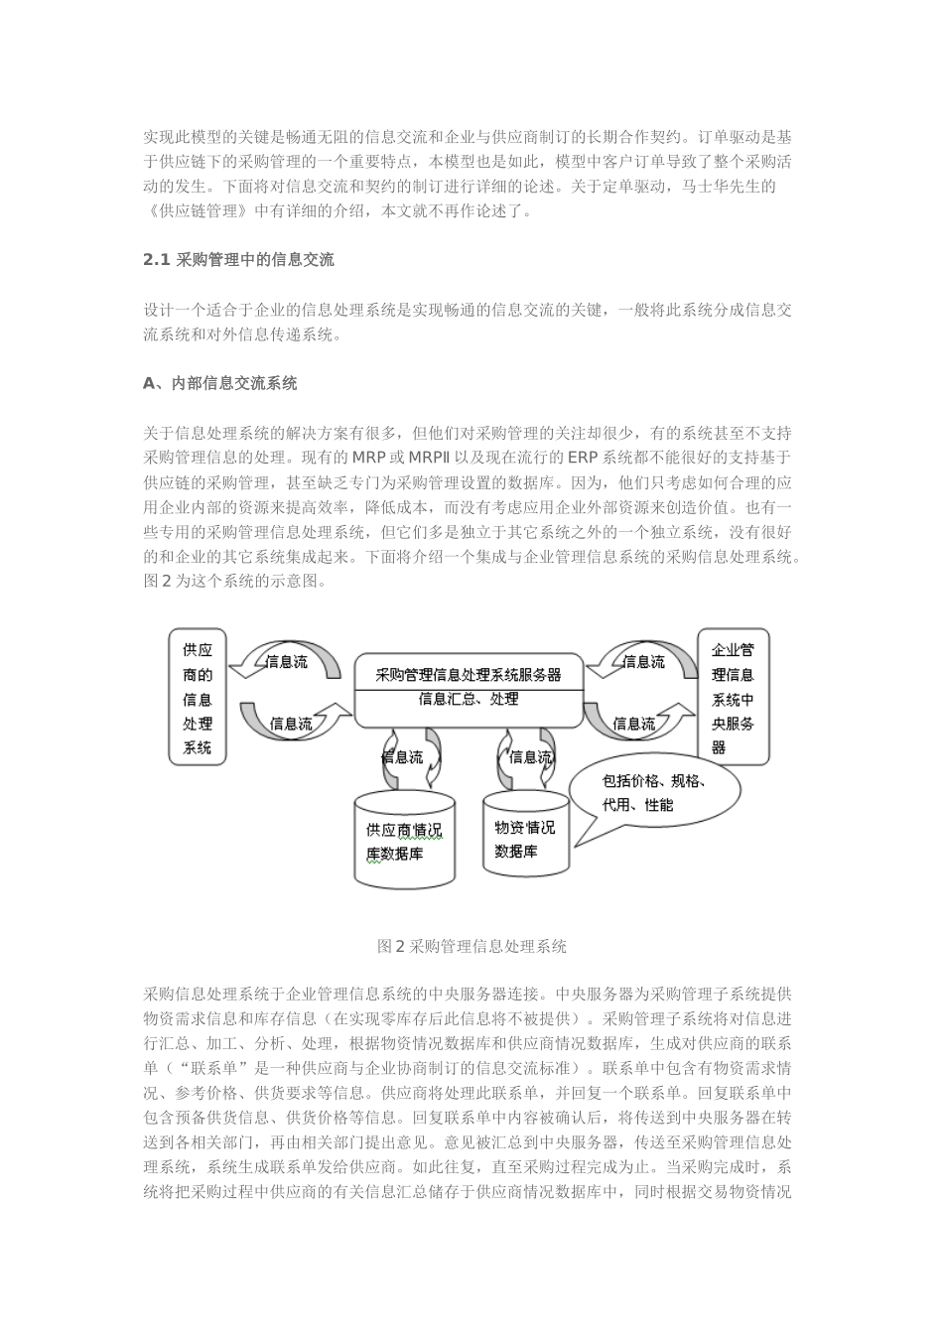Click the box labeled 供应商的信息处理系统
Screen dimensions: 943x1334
[197, 697]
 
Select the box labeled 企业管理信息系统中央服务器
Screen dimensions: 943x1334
[733, 697]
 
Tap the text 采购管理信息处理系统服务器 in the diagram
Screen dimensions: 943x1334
[469, 674]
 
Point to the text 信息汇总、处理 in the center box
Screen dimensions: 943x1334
[469, 700]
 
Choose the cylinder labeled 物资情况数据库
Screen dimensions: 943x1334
[526, 839]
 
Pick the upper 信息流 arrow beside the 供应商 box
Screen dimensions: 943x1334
[287, 662]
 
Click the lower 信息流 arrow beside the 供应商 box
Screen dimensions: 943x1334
[291, 724]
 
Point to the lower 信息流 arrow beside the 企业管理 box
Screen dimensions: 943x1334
[635, 724]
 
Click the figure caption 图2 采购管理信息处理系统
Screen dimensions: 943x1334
[471, 947]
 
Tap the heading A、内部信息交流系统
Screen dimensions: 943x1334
[219, 383]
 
